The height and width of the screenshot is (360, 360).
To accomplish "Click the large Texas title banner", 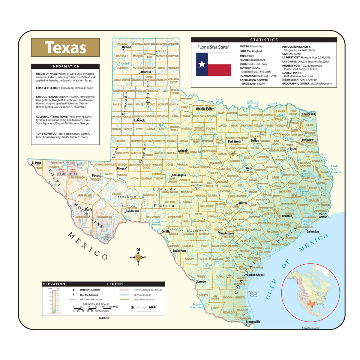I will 65,47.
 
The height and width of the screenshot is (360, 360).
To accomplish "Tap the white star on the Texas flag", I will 202,64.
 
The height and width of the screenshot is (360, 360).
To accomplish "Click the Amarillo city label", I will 145,72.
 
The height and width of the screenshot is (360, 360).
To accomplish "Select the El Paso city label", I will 36,163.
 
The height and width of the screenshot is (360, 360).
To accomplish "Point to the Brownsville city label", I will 253,322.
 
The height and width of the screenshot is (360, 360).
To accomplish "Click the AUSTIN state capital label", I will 243,203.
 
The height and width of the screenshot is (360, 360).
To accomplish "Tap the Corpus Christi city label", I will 256,274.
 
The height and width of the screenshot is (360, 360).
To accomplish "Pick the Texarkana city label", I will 308,114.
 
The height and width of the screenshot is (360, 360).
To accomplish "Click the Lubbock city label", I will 139,120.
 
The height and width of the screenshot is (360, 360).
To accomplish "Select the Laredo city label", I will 201,282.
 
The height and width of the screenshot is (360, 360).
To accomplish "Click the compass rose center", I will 138,257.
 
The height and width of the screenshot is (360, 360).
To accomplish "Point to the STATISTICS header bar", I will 264,40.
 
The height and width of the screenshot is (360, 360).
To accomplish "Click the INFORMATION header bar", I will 65,66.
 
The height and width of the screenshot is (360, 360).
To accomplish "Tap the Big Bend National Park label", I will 106,237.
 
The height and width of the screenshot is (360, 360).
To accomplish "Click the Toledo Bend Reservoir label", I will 336,169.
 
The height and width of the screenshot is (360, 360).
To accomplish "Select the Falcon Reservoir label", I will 195,306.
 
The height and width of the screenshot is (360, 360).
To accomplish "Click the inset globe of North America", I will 310,292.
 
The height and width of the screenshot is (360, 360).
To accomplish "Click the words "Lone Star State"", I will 213,47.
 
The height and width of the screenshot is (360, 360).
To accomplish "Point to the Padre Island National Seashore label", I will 253,294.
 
